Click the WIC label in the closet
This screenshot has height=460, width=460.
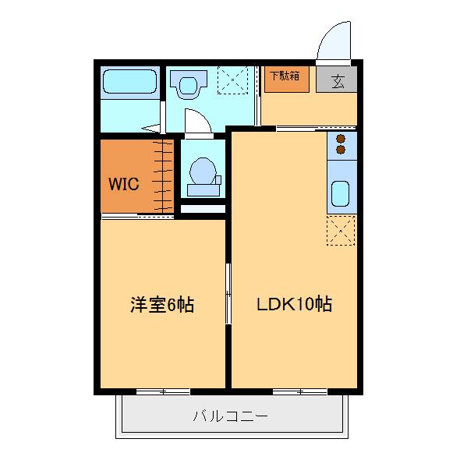[x=123, y=185]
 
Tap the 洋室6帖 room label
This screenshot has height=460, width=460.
[x=161, y=305]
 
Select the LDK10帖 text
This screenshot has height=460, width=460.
[x=295, y=305]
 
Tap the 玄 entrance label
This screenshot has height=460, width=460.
[x=338, y=80]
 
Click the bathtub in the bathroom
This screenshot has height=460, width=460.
[x=130, y=81]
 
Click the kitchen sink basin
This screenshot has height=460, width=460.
[x=339, y=193]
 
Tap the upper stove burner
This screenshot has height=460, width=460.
[x=341, y=139]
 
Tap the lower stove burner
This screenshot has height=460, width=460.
[x=341, y=150]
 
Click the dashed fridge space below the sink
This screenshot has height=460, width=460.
[x=341, y=231]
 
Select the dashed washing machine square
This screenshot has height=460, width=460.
[x=236, y=80]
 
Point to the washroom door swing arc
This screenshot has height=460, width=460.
[x=196, y=121]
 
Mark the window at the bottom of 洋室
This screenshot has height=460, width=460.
[x=163, y=391]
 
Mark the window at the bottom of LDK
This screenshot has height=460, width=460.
[x=299, y=391]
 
